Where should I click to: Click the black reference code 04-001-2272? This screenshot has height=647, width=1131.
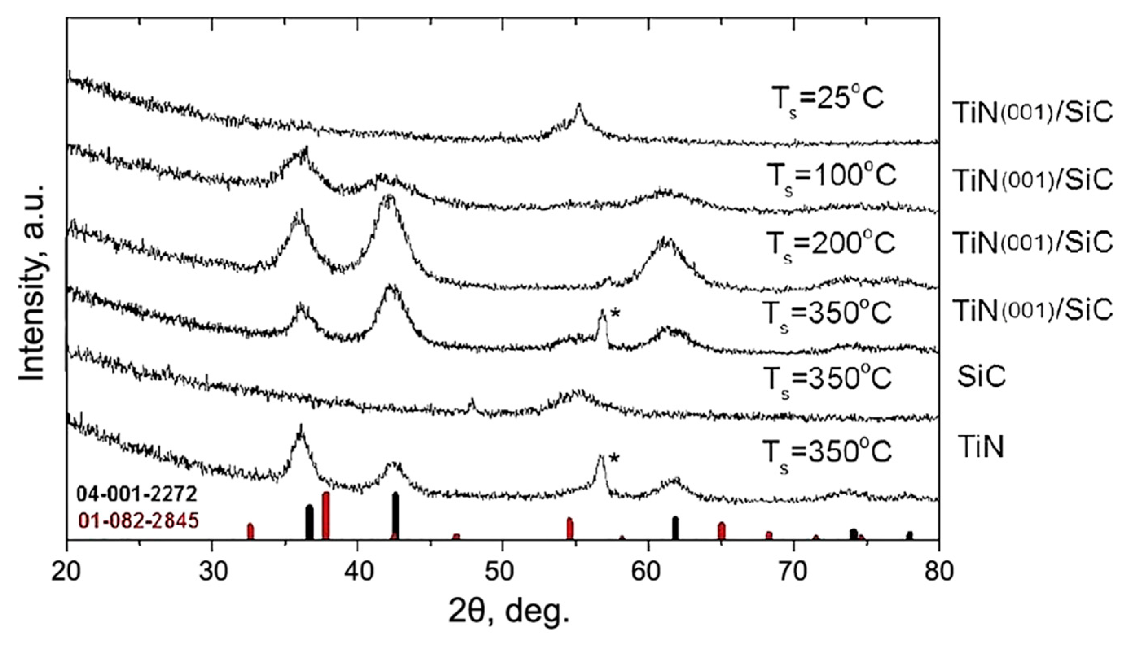click(x=136, y=494)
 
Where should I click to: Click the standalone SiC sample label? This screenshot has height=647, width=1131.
click(x=981, y=377)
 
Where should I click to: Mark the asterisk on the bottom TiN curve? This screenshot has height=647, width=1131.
click(x=614, y=459)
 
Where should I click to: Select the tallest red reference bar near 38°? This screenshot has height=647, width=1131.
click(x=326, y=516)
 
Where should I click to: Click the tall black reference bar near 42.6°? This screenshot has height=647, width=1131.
click(x=395, y=516)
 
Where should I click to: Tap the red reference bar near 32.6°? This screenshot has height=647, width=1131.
click(x=250, y=532)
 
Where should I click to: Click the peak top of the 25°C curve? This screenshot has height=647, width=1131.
click(x=579, y=106)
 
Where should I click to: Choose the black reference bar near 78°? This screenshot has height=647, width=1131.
click(x=909, y=536)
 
